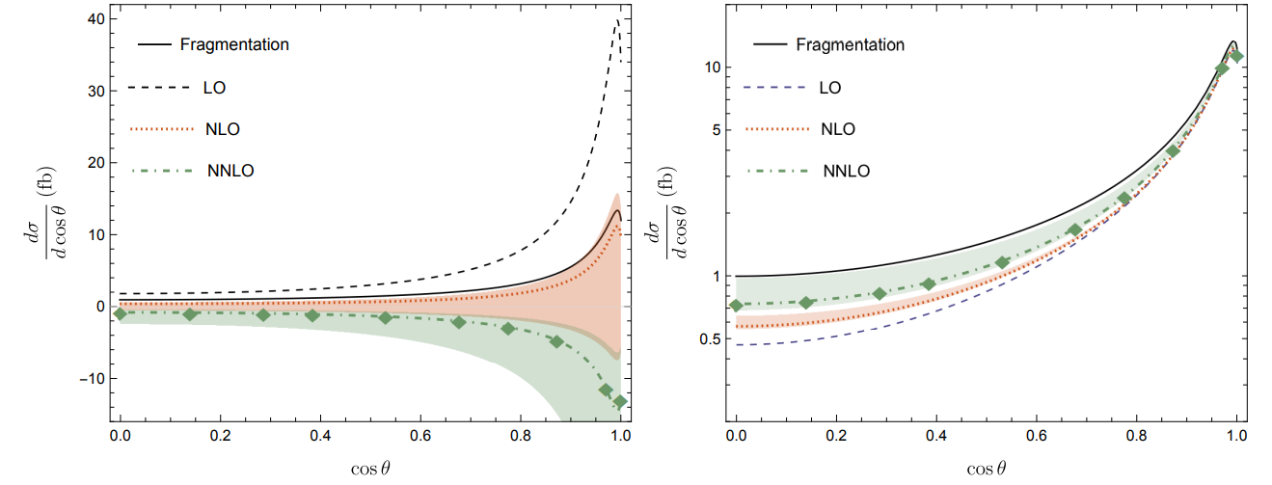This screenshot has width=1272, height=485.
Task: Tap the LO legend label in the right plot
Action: [829, 88]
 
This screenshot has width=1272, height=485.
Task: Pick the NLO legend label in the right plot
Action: [836, 129]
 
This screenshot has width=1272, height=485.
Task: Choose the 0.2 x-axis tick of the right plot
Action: [836, 434]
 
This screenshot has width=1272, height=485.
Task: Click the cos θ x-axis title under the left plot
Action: [370, 468]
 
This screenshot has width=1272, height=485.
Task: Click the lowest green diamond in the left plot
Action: [620, 401]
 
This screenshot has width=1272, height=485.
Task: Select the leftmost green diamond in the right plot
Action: [737, 305]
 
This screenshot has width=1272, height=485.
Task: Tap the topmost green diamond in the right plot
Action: [1237, 56]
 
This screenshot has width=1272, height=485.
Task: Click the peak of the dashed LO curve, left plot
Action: [617, 19]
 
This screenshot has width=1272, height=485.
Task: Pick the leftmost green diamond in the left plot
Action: [120, 313]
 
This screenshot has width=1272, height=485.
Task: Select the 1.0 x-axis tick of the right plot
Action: [1237, 434]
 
